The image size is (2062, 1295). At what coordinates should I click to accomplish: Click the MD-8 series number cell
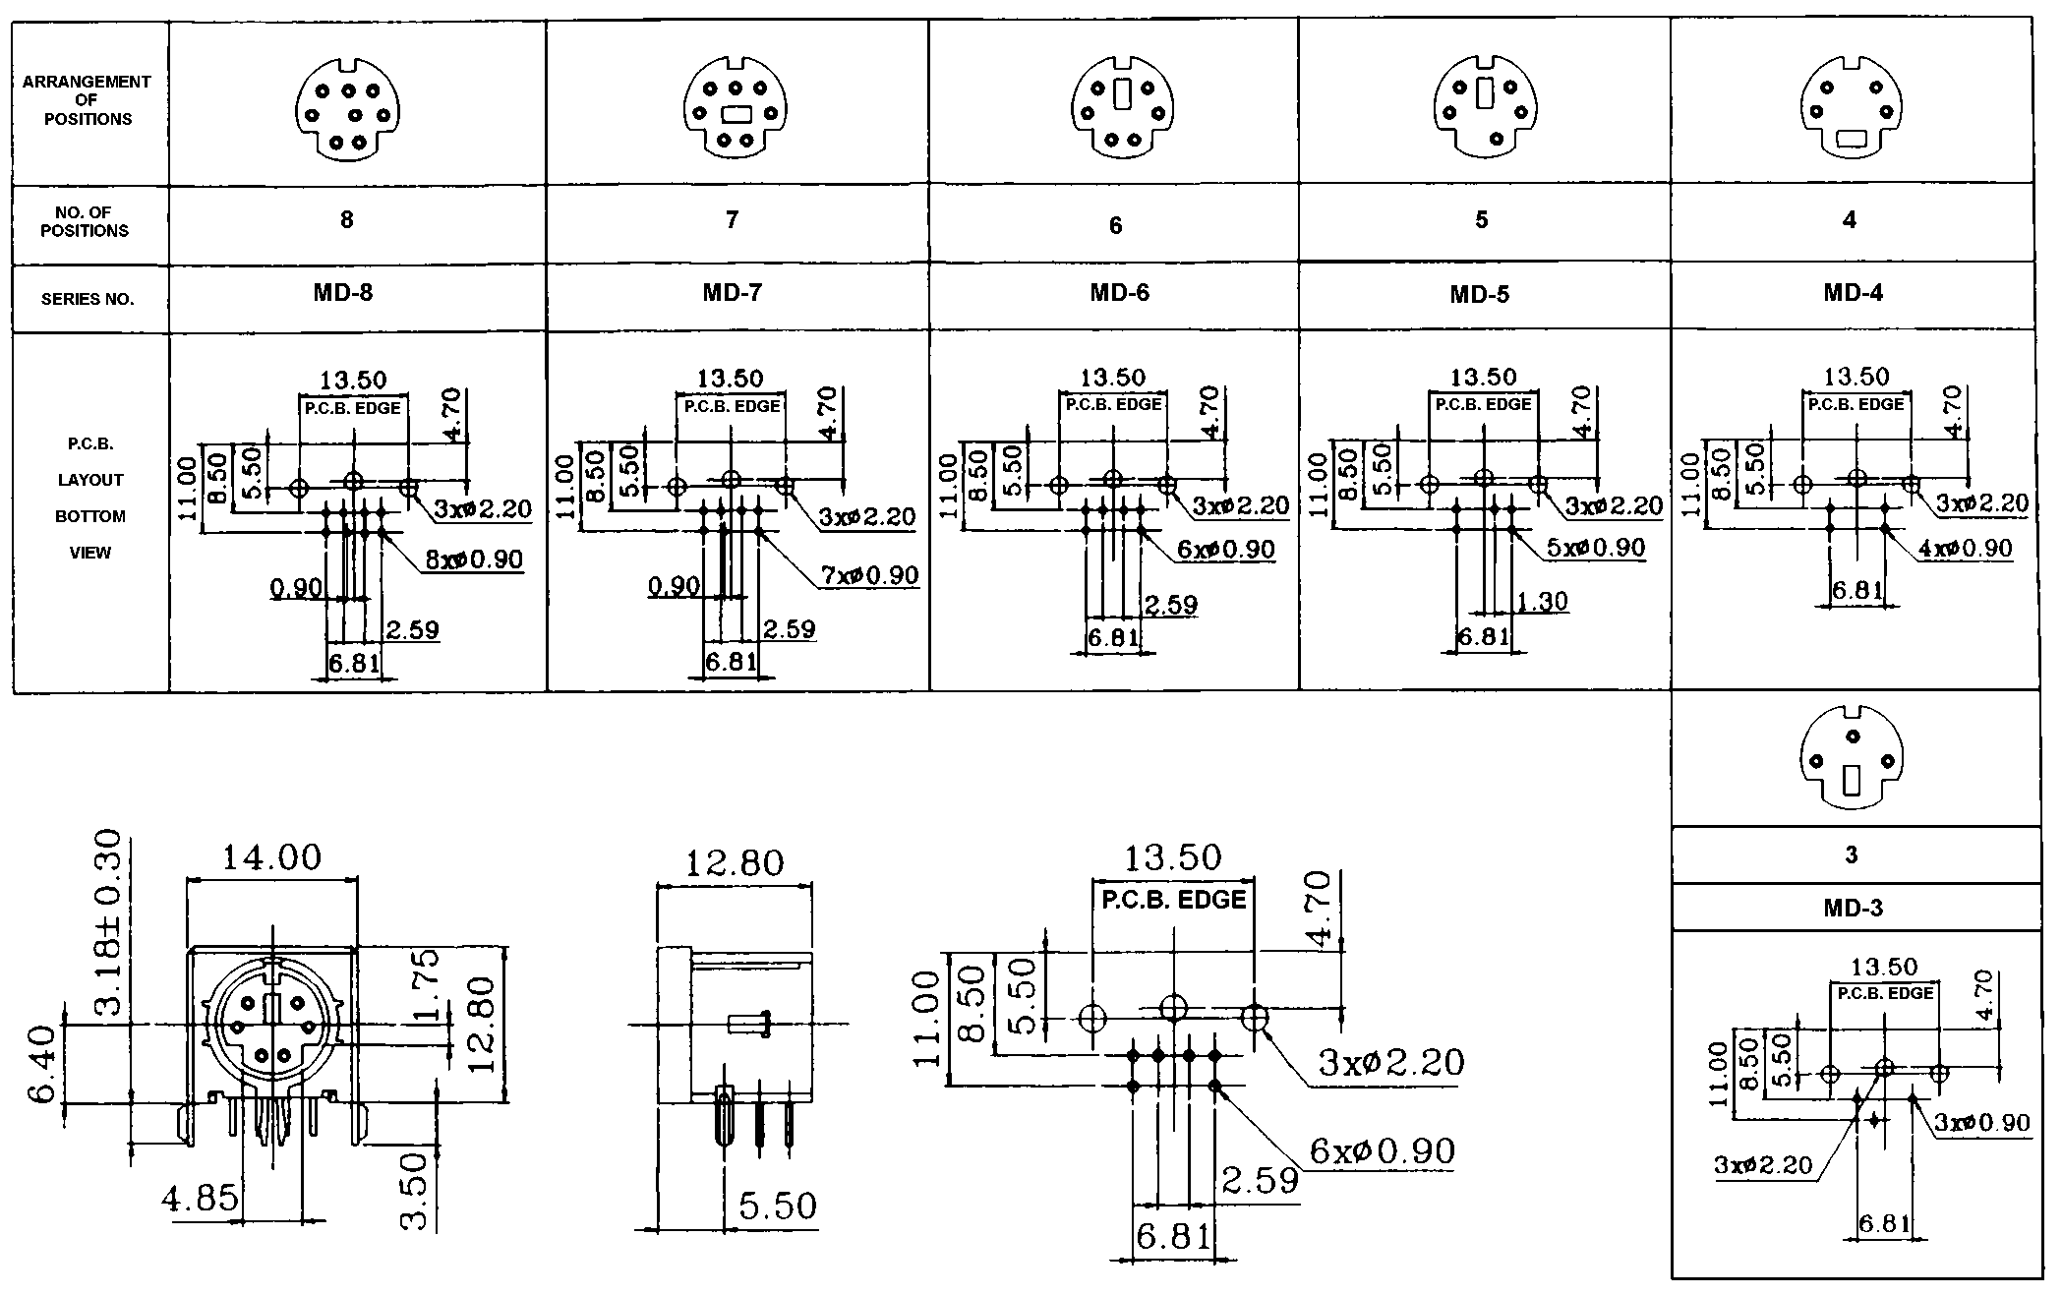pyautogui.click(x=343, y=293)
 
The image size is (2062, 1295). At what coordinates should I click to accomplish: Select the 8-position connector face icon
pyautogui.click(x=348, y=108)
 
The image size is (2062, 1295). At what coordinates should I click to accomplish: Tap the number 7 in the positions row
pyautogui.click(x=732, y=220)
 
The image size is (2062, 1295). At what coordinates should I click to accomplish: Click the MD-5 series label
pyautogui.click(x=1479, y=295)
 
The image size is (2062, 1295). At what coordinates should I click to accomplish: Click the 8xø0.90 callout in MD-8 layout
pyautogui.click(x=474, y=559)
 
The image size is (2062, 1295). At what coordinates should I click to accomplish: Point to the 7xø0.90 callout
pyautogui.click(x=869, y=575)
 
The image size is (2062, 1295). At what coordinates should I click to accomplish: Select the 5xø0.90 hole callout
pyautogui.click(x=1595, y=548)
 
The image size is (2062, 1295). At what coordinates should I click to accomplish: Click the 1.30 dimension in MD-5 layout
pyautogui.click(x=1542, y=601)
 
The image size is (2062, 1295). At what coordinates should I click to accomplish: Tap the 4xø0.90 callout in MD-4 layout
pyautogui.click(x=1965, y=549)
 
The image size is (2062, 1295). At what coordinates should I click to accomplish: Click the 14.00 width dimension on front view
pyautogui.click(x=271, y=857)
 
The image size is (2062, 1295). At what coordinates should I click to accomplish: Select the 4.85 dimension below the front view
pyautogui.click(x=201, y=1198)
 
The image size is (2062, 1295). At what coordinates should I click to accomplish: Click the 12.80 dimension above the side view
pyautogui.click(x=735, y=863)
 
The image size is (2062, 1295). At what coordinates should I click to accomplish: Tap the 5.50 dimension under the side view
pyautogui.click(x=777, y=1207)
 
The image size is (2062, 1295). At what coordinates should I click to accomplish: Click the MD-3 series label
pyautogui.click(x=1853, y=908)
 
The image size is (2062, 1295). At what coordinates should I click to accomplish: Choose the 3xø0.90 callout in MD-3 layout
pyautogui.click(x=1981, y=1123)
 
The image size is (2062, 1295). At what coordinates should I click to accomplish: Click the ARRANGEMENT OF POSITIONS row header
pyautogui.click(x=88, y=100)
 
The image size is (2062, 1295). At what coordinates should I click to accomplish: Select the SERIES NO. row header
pyautogui.click(x=88, y=299)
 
